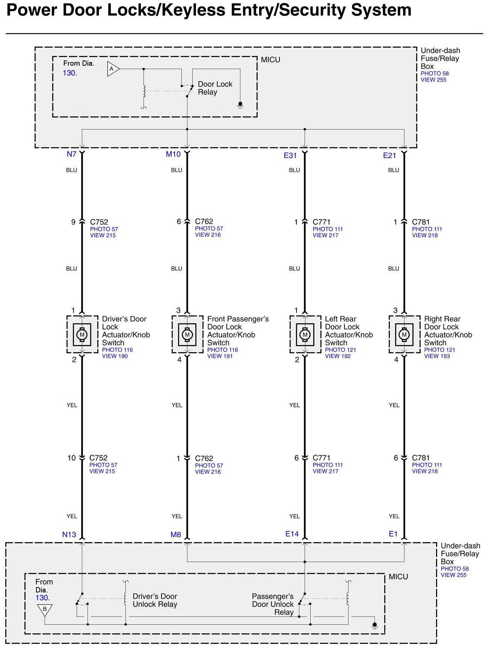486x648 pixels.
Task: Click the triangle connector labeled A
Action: tap(113, 69)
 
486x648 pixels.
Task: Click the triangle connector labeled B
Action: tap(45, 609)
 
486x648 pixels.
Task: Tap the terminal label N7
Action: tap(71, 154)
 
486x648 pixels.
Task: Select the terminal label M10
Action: tap(173, 154)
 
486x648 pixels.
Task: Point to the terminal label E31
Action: tap(290, 155)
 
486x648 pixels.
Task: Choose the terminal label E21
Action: tap(389, 155)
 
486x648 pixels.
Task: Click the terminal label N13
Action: tap(69, 534)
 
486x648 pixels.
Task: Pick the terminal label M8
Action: tap(176, 534)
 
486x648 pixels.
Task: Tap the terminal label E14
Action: tap(292, 533)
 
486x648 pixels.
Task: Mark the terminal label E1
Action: tap(393, 533)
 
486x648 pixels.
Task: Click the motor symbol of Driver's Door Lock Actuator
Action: tap(82, 334)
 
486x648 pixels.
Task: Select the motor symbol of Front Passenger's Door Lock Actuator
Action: tap(187, 334)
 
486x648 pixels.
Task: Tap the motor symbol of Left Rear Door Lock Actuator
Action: tap(305, 334)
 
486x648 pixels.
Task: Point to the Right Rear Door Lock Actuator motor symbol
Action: tap(404, 334)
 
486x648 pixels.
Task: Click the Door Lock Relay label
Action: tap(215, 88)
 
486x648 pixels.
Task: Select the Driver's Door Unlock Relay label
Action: tap(155, 600)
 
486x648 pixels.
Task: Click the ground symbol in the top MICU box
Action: tap(240, 105)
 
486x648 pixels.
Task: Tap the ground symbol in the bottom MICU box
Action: tap(374, 626)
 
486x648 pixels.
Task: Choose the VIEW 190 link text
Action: tap(115, 356)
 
